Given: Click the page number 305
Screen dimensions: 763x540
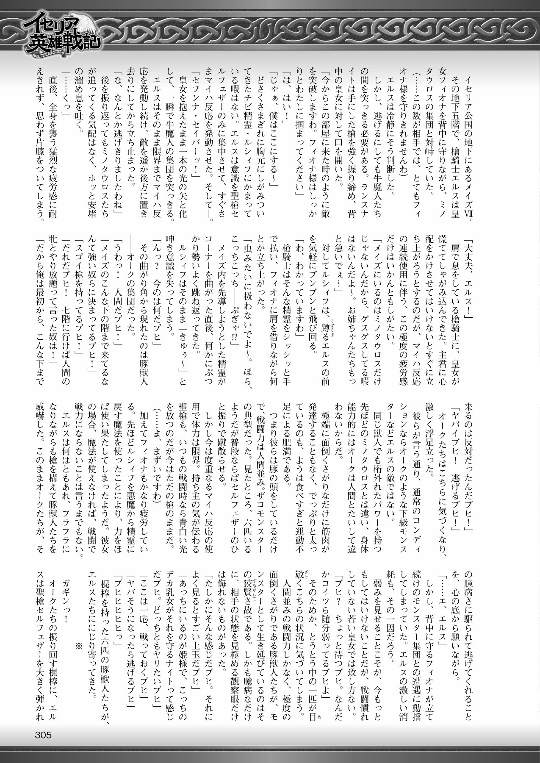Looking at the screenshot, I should (x=41, y=735).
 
